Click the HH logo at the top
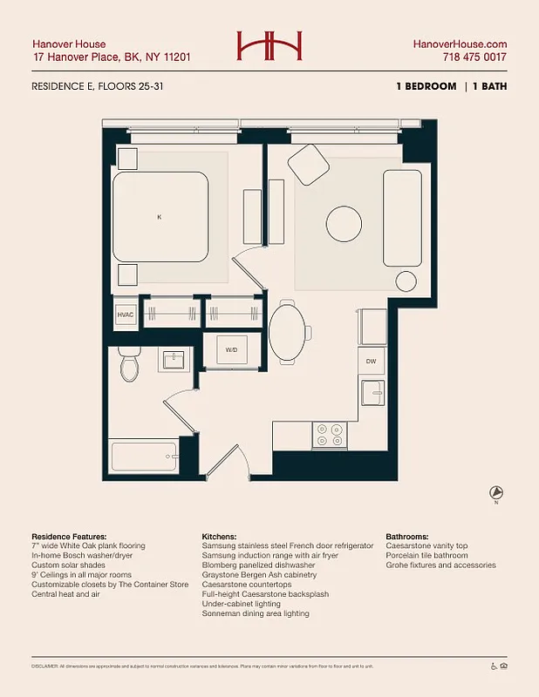(269, 45)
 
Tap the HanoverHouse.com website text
(460, 44)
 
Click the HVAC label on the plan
(126, 315)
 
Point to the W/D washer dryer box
(231, 349)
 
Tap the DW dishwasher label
(371, 360)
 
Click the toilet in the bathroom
(130, 366)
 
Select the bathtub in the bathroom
(145, 456)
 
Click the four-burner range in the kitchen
(330, 435)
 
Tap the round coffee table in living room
(344, 224)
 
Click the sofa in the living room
(402, 219)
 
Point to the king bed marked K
(160, 217)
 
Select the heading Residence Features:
(69, 536)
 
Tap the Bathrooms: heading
(407, 536)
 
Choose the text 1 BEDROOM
(426, 86)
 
